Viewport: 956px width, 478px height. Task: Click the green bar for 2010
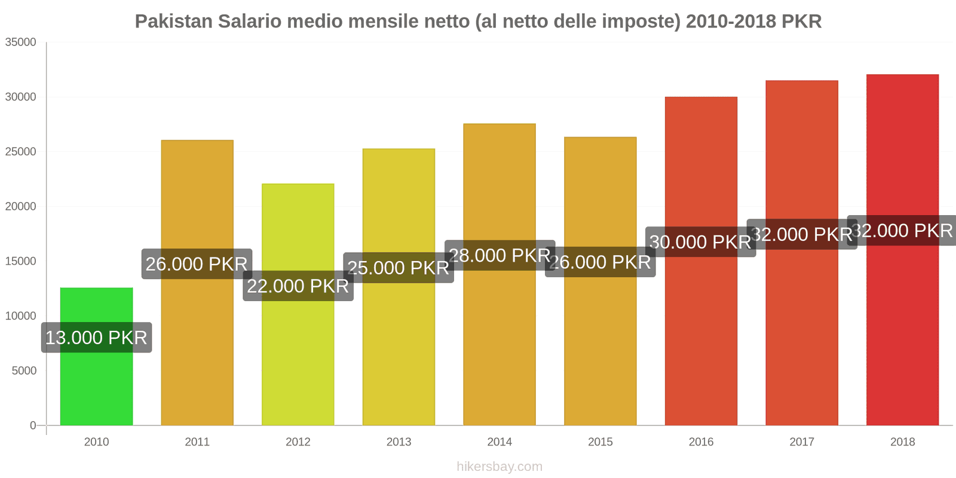coord(96,382)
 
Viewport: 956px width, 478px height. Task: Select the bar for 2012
coord(298,358)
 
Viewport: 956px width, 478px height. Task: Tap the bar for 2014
coord(500,347)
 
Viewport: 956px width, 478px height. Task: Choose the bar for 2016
coord(701,341)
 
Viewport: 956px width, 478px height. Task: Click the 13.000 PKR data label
coord(96,338)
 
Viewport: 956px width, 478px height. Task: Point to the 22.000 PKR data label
coord(298,286)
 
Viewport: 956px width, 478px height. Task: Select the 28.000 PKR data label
coord(500,256)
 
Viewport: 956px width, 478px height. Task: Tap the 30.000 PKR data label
coord(700,242)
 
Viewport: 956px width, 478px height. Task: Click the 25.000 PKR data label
coord(399,268)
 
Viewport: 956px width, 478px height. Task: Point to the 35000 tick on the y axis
coord(21,42)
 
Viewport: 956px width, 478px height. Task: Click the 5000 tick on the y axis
coord(24,371)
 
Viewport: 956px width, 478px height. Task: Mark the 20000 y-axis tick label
coord(21,207)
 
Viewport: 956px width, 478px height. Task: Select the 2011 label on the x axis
coord(197,442)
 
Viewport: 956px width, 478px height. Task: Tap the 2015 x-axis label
coord(600,442)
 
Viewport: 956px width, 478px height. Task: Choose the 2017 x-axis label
coord(802,442)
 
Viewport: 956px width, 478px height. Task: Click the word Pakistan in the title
coord(173,22)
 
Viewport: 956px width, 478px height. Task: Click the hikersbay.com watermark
coord(500,467)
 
